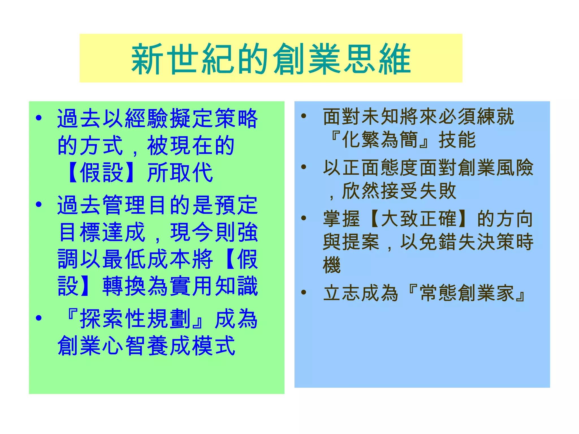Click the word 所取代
pyautogui.click(x=180, y=172)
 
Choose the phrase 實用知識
pyautogui.click(x=214, y=286)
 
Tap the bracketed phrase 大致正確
pyautogui.click(x=418, y=219)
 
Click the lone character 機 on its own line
pyautogui.click(x=332, y=265)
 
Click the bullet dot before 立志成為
pyautogui.click(x=304, y=292)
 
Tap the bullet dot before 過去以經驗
pyautogui.click(x=39, y=118)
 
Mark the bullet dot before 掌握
pyautogui.click(x=304, y=218)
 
